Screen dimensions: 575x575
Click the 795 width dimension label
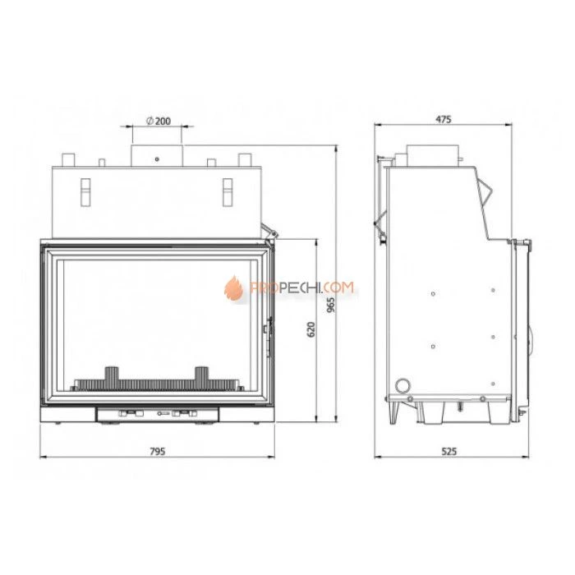[x=158, y=451]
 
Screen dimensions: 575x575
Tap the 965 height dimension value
[x=331, y=305]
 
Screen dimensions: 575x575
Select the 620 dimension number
[x=311, y=329]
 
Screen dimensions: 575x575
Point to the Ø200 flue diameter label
[x=159, y=121]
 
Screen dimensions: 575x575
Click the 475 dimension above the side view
[x=444, y=119]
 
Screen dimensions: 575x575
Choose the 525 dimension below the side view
[x=449, y=451]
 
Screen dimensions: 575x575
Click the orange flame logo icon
[x=233, y=288]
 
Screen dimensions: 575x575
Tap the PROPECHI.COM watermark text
[x=301, y=287]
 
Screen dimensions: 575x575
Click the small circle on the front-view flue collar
[x=157, y=159]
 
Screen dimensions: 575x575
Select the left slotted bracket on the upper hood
[x=85, y=192]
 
